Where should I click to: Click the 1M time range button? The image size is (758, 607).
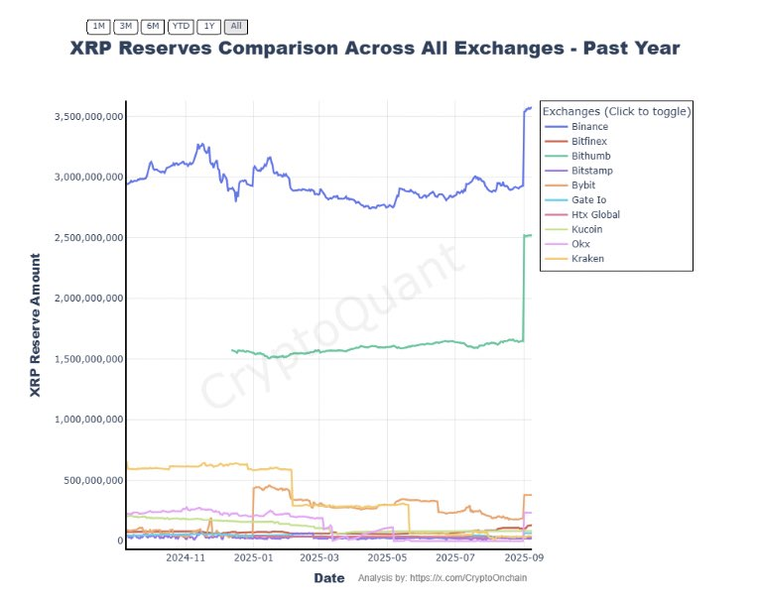coord(99,26)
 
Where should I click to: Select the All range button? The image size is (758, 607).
coord(236,26)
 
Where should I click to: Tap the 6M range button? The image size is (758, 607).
coord(153,26)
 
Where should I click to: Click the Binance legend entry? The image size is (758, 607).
coord(589,127)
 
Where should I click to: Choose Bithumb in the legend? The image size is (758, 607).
coord(590,156)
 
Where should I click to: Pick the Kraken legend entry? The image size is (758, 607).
coord(587,259)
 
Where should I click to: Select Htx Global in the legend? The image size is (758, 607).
coord(595,214)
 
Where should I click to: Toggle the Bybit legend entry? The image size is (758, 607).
coord(585,185)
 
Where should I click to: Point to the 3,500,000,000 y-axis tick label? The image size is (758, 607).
coord(87,117)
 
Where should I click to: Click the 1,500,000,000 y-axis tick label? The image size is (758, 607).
coord(87,359)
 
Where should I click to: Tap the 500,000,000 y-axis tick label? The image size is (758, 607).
coord(93,480)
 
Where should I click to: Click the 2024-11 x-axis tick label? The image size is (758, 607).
coord(185,558)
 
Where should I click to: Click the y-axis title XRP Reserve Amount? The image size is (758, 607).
coord(36,325)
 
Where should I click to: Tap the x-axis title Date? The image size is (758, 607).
coord(329,578)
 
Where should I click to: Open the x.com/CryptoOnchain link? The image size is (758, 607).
coord(469,578)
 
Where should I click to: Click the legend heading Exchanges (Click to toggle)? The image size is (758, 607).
coord(616,111)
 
